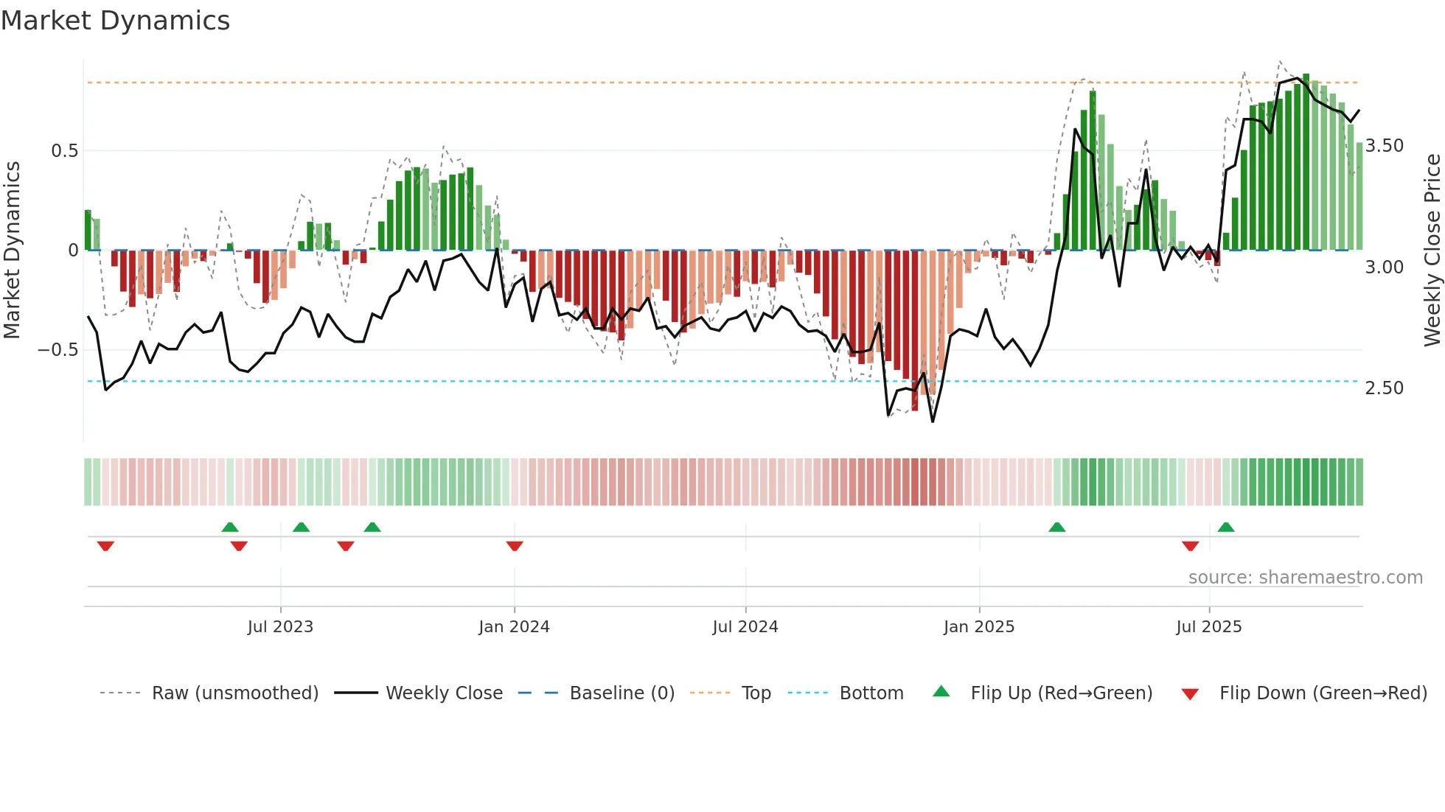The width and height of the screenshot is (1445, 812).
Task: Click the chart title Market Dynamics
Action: (x=116, y=21)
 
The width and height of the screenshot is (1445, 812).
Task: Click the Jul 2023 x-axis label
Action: (x=280, y=627)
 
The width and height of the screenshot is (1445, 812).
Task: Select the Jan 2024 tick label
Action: (x=514, y=627)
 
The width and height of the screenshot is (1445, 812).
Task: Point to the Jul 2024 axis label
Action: (x=745, y=627)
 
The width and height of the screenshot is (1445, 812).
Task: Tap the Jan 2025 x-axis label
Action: (x=979, y=627)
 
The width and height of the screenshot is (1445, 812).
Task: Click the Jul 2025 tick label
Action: (x=1209, y=627)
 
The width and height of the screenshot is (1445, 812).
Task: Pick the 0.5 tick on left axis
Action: (x=64, y=151)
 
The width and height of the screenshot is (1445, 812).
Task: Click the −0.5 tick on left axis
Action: (x=58, y=350)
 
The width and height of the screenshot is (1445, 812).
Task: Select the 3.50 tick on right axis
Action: (x=1385, y=146)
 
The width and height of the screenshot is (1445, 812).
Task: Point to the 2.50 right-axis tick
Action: (x=1385, y=388)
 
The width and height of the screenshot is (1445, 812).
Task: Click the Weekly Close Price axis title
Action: (x=1432, y=251)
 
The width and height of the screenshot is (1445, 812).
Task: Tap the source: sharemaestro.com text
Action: (x=1305, y=578)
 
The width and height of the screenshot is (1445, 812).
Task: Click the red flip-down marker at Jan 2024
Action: (x=515, y=546)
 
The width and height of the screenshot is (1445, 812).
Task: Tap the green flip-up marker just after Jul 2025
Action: (x=1226, y=527)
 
